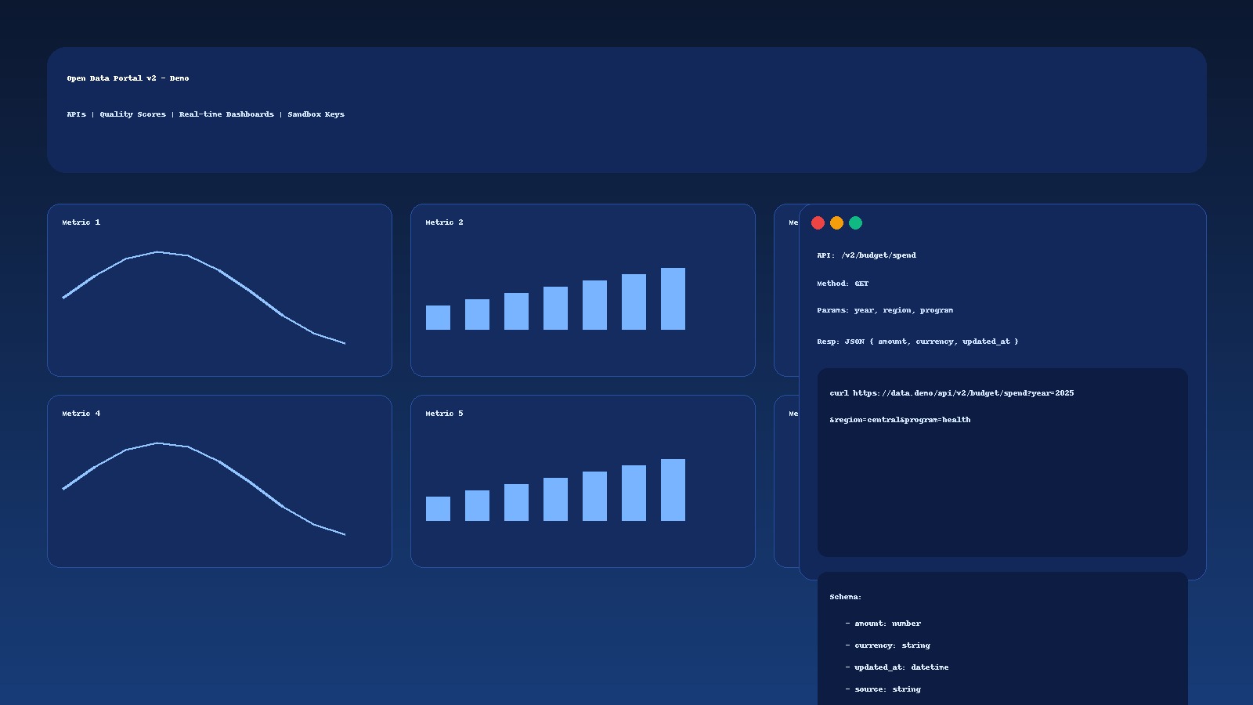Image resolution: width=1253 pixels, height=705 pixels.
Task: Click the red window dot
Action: point(818,223)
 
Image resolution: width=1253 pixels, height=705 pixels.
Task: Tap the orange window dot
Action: point(836,223)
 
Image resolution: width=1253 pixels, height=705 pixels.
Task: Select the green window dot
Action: point(855,223)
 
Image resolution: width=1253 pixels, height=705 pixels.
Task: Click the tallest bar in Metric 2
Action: point(673,298)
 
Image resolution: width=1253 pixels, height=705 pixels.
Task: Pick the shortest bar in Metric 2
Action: point(438,317)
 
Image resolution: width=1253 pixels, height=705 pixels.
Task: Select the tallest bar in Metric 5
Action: point(673,490)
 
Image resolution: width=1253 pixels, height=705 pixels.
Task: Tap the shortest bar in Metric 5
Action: point(438,508)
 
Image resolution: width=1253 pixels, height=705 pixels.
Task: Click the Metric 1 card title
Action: point(81,222)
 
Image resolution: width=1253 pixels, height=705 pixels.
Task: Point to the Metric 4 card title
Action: point(81,414)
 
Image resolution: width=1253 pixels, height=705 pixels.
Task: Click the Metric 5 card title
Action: point(444,414)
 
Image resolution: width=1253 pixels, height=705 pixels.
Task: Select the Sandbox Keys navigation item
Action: point(316,114)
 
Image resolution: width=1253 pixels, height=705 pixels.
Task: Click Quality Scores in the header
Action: point(132,114)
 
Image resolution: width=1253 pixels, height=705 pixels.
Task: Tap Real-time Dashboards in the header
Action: point(226,114)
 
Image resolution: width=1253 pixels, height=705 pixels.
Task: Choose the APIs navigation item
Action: point(76,114)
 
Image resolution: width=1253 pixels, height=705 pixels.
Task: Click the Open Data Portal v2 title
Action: point(128,78)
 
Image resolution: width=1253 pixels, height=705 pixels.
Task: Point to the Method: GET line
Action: point(843,284)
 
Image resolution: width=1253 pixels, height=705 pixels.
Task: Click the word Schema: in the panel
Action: point(845,597)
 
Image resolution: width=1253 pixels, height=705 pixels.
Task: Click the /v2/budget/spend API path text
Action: point(879,255)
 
